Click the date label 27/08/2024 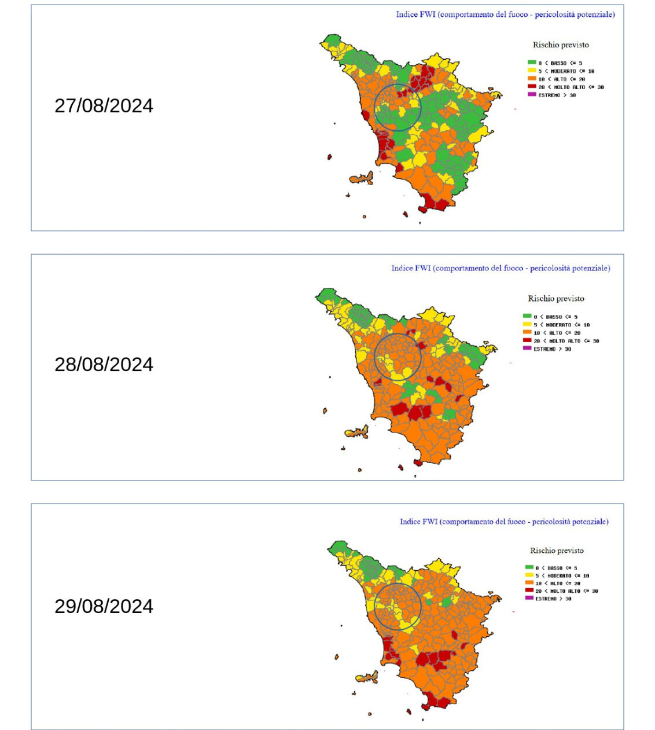(x=104, y=106)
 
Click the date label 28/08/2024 (x=104, y=364)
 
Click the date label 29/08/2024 (x=104, y=606)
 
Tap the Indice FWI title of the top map (x=505, y=14)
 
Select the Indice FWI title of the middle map (x=501, y=268)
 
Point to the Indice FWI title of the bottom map (x=504, y=522)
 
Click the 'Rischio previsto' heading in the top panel (x=561, y=45)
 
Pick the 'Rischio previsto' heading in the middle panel (x=556, y=299)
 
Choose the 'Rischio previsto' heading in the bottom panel (x=557, y=551)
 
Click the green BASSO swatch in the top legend (x=531, y=63)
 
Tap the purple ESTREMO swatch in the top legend (x=531, y=94)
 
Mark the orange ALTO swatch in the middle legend (x=527, y=332)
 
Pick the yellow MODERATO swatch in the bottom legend (x=529, y=575)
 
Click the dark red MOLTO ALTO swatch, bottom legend (x=529, y=590)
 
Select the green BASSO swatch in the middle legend (x=527, y=316)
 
